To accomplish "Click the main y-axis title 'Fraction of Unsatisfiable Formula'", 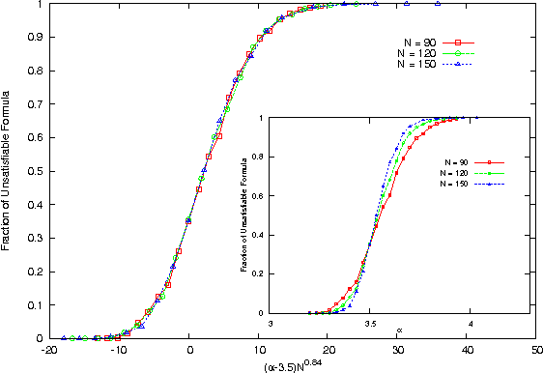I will pyautogui.click(x=8, y=169).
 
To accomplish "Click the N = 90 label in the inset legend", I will pyautogui.click(x=456, y=161).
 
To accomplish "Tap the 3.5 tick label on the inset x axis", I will pyautogui.click(x=370, y=324).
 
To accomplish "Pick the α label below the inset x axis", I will pyautogui.click(x=398, y=332).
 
